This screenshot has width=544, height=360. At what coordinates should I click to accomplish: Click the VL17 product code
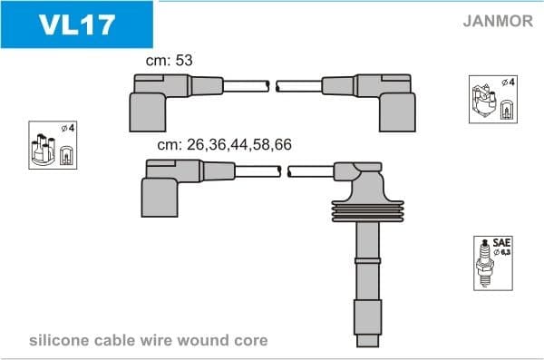[76, 23]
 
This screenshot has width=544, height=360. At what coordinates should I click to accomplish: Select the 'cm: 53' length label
[170, 60]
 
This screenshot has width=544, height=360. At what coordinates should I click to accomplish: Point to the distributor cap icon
[53, 145]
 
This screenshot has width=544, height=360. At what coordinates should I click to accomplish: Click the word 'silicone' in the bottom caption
[62, 341]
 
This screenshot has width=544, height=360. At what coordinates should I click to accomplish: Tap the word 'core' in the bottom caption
[250, 341]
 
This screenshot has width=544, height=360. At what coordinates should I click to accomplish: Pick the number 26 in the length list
[195, 144]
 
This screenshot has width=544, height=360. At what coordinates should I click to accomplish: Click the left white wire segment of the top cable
[245, 86]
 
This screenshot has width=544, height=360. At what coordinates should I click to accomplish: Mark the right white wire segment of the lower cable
[310, 171]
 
